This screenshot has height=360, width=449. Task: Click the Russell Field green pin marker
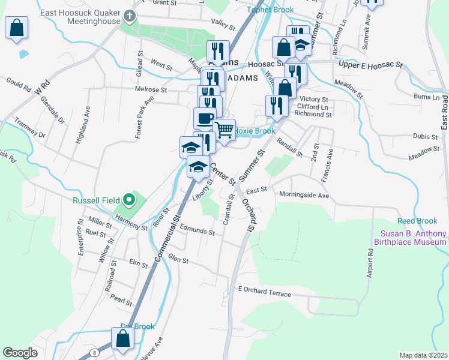tap(128, 200)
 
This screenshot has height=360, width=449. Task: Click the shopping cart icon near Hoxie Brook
tap(224, 128)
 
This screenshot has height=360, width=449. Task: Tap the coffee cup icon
tap(205, 118)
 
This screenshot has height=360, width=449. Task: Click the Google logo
tap(20, 352)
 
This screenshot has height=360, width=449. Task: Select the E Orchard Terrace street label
tap(264, 292)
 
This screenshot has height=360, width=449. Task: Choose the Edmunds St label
tap(197, 230)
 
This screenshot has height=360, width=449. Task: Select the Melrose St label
tap(151, 89)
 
